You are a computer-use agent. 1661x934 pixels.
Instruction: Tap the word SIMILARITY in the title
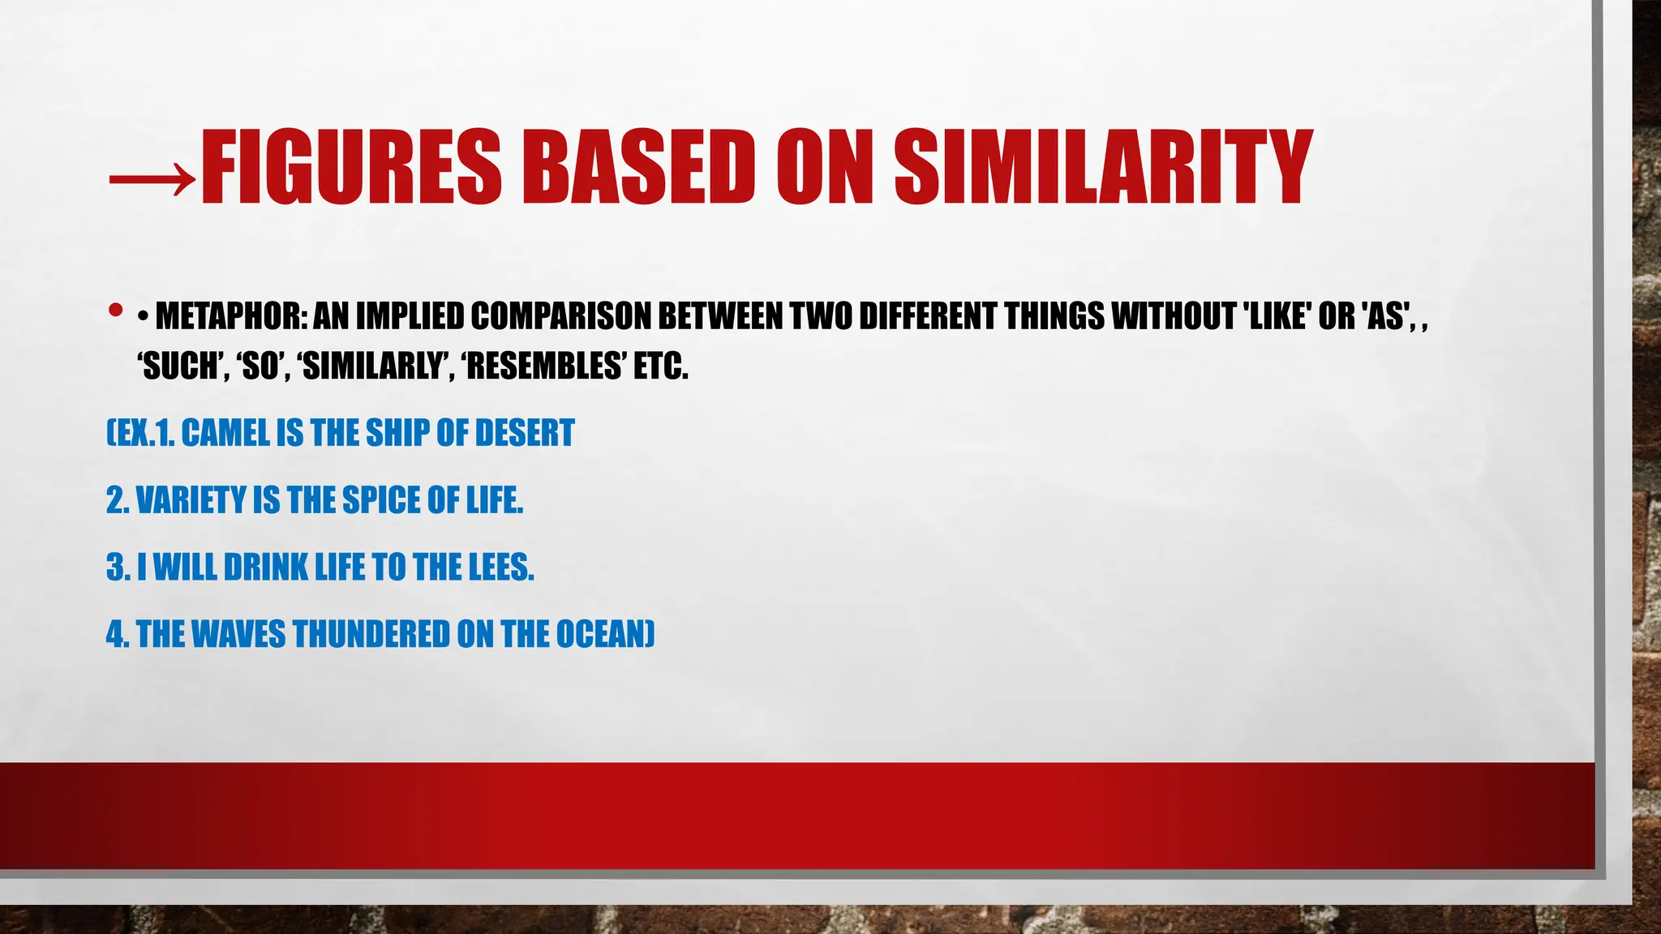pos(1102,168)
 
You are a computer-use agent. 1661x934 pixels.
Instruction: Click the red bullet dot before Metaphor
pos(116,309)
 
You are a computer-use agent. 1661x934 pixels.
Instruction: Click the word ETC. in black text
pos(660,366)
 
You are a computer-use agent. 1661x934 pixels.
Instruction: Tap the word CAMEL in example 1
pos(225,433)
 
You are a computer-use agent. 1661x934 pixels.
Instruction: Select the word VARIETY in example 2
pos(191,500)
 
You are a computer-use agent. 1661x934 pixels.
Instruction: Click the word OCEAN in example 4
pos(603,634)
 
